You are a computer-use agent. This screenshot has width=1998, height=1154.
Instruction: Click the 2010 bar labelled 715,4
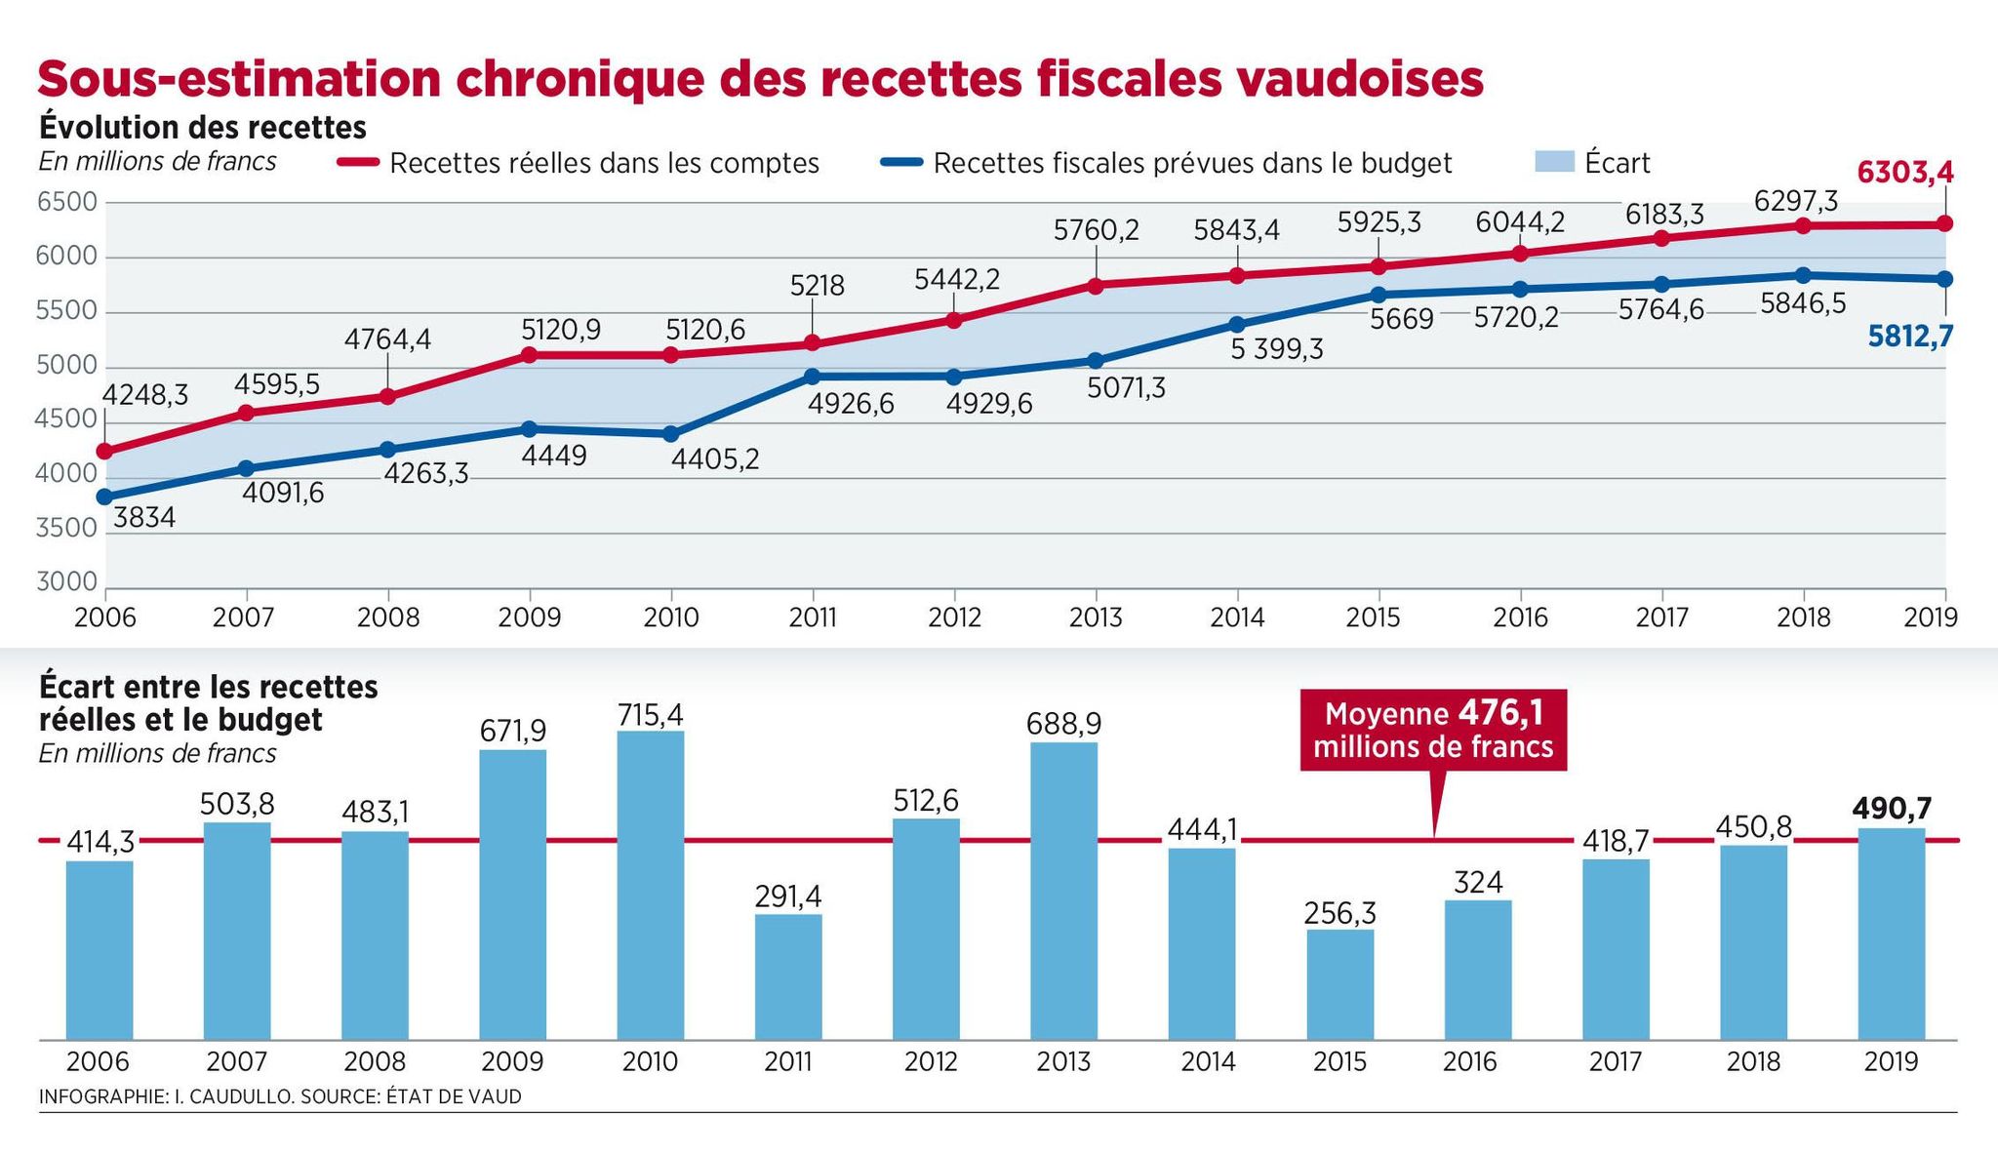pos(651,885)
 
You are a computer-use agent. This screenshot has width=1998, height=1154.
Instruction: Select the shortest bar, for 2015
pos(1340,984)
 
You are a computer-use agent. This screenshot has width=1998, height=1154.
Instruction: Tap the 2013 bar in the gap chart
pos(1063,891)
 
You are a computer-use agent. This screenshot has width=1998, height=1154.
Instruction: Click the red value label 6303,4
pos(1905,173)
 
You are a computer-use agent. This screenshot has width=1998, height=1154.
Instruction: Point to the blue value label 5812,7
pos(1910,337)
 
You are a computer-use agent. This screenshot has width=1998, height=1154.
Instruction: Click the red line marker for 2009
pos(530,355)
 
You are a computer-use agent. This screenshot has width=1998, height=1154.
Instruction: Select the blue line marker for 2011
pos(813,377)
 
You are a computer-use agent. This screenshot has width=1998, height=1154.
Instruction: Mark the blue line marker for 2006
pos(104,497)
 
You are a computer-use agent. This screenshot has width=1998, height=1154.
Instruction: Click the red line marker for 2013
pos(1096,286)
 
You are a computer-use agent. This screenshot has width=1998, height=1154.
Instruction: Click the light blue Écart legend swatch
pos(1554,162)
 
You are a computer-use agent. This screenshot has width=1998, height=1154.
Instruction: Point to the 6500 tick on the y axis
pos(68,203)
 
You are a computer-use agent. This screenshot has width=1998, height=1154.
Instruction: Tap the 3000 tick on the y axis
pos(68,582)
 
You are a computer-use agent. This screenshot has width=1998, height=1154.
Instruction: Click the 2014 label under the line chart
pos(1237,617)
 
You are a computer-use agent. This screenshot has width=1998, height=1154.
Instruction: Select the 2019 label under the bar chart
pos(1891,1061)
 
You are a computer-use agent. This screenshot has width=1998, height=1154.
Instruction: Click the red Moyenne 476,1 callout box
pos(1433,730)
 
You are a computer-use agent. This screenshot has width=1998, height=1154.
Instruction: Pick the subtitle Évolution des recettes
pos(203,128)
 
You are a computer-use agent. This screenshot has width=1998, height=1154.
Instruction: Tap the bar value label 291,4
pos(788,896)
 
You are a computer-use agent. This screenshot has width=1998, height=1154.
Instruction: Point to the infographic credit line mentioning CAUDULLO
pos(280,1096)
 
